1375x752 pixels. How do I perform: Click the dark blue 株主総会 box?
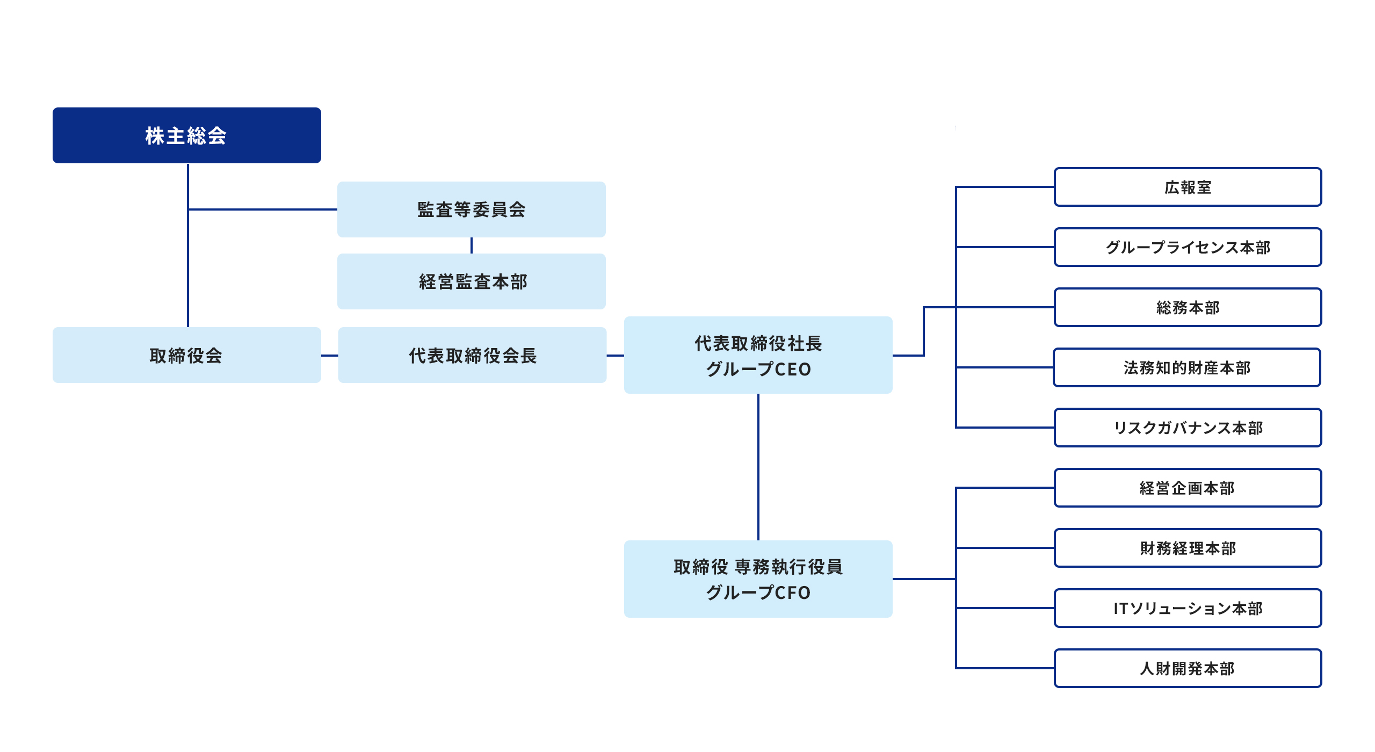tap(186, 135)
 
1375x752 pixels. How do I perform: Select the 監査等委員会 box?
tap(471, 209)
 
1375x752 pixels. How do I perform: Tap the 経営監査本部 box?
tap(471, 281)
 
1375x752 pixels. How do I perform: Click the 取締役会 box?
tap(186, 355)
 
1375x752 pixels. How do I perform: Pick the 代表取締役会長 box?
tap(472, 355)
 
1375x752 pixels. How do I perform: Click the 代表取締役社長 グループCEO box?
tap(758, 355)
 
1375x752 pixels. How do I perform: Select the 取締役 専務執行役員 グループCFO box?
tap(758, 579)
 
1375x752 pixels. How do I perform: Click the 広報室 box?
tap(1188, 187)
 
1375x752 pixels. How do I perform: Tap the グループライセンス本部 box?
tap(1188, 247)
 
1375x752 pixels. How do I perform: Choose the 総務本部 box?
tap(1188, 307)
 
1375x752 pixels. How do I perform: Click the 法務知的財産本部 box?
tap(1186, 367)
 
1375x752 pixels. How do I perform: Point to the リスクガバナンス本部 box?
tap(1188, 428)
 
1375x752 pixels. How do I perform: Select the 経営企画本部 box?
tap(1188, 488)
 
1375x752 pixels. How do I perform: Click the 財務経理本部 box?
tap(1188, 548)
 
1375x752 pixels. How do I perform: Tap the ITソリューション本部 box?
tap(1188, 608)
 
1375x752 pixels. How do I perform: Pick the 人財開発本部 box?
tap(1188, 668)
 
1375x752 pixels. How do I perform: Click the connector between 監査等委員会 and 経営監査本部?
tap(471, 245)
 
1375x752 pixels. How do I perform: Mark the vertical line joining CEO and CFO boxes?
tap(758, 467)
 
